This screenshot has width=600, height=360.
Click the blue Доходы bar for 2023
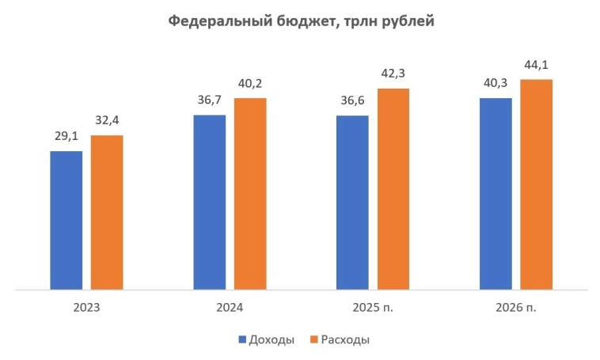66,220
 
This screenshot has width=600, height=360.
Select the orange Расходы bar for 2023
107,212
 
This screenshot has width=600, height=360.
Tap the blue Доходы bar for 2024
210,202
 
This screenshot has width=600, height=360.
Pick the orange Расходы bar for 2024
250,193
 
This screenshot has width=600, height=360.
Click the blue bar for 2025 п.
352,203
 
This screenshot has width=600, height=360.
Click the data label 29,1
66,137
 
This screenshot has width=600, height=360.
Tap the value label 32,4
107,121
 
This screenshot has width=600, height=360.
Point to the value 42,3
393,74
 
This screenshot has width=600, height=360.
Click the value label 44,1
537,65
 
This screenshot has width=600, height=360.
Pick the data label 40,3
496,83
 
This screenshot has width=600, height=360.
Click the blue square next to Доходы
243,339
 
